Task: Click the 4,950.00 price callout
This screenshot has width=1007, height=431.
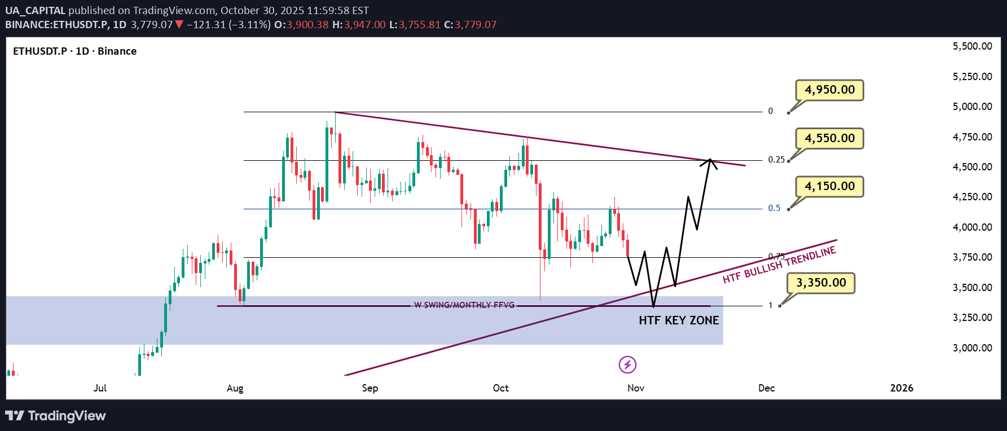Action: (829, 90)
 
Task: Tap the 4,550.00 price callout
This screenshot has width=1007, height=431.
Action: (829, 138)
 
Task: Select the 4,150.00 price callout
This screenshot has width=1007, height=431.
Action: (829, 186)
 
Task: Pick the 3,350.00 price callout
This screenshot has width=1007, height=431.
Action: (821, 283)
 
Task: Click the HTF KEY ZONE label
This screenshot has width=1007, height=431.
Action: (679, 320)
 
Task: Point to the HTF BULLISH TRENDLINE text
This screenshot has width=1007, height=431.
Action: (779, 265)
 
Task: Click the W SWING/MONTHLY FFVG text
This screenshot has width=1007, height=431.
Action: (464, 305)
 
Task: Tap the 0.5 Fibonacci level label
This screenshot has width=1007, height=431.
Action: (774, 208)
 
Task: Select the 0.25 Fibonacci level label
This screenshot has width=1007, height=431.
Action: (776, 160)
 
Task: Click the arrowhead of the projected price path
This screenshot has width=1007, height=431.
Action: (710, 161)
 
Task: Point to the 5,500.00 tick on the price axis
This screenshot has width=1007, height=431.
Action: (972, 46)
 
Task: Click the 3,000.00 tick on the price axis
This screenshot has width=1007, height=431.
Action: (972, 348)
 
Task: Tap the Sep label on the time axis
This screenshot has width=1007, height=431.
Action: (370, 388)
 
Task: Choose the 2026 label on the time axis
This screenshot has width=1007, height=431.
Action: (902, 388)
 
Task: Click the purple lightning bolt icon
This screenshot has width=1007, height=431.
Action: (627, 365)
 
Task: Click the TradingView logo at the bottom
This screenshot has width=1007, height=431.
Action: (55, 416)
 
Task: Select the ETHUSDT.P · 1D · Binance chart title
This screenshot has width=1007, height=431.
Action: (74, 51)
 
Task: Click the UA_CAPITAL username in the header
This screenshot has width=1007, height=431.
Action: (35, 11)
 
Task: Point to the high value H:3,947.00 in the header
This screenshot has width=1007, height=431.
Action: (359, 25)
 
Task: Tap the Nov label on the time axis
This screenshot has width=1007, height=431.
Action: (636, 388)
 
